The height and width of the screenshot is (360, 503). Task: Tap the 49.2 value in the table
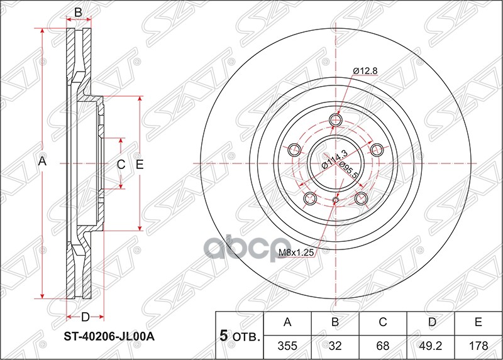click(x=430, y=344)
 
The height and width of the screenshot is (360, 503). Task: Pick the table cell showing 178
click(x=478, y=344)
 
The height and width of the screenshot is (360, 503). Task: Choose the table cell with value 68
click(x=382, y=344)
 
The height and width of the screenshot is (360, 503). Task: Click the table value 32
click(x=335, y=344)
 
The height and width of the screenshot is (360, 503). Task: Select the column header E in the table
click(x=478, y=323)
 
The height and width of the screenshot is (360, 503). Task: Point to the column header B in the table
click(x=335, y=323)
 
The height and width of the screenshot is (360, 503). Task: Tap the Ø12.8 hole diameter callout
click(x=364, y=71)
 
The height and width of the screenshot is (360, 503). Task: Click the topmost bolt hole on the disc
click(x=335, y=119)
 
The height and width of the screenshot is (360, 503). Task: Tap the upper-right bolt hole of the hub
click(x=377, y=150)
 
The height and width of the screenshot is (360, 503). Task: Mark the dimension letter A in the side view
click(x=42, y=162)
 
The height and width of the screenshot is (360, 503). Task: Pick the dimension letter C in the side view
click(x=121, y=164)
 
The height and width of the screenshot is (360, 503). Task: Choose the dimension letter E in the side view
click(x=140, y=164)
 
